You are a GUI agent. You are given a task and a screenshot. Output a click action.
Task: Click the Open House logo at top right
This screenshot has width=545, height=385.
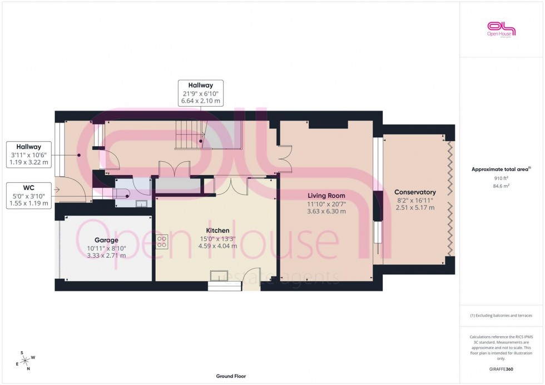pyautogui.click(x=502, y=29)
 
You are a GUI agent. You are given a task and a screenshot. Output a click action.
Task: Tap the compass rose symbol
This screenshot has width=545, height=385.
pyautogui.click(x=25, y=359)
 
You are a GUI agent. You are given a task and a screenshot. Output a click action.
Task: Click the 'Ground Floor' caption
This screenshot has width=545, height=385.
pyautogui.click(x=231, y=376)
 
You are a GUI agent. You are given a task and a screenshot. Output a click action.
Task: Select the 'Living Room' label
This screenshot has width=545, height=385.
pyautogui.click(x=326, y=196)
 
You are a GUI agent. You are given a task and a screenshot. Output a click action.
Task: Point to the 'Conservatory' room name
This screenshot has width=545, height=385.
pyautogui.click(x=415, y=192)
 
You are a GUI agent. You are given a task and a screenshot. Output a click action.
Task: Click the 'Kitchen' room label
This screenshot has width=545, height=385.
pyautogui.click(x=217, y=230)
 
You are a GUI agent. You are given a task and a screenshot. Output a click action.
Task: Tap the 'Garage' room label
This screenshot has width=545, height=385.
pyautogui.click(x=106, y=240)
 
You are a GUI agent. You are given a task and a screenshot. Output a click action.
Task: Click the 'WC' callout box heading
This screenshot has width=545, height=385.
pyautogui.click(x=29, y=188)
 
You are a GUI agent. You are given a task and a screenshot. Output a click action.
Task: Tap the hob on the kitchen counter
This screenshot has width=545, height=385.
pyautogui.click(x=162, y=241)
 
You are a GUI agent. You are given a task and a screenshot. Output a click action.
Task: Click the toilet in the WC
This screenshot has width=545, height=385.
pyautogui.click(x=121, y=193)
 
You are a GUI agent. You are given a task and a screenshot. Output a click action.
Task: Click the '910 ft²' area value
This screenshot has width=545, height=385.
pyautogui.click(x=501, y=178)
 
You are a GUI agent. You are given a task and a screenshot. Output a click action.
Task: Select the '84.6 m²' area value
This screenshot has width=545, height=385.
pyautogui.click(x=501, y=187)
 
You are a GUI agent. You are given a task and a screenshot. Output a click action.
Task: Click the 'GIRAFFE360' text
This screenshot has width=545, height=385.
pyautogui.click(x=501, y=368)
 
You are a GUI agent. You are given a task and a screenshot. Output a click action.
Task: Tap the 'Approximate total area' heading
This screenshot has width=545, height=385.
pyautogui.click(x=501, y=169)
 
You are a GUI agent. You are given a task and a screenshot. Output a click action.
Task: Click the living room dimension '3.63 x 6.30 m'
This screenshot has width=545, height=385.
pyautogui.click(x=326, y=211)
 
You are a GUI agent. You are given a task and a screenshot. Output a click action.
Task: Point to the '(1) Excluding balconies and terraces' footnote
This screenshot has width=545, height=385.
pyautogui.click(x=501, y=316)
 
